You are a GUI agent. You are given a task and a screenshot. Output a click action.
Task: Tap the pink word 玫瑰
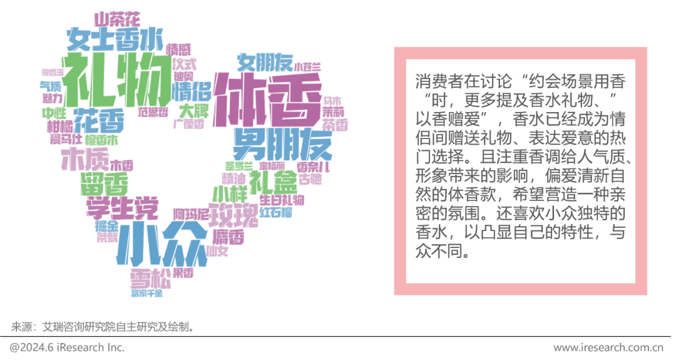click(233, 213)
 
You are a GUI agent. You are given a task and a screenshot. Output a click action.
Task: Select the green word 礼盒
click(272, 182)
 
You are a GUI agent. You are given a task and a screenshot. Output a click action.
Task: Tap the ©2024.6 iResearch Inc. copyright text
click(66, 347)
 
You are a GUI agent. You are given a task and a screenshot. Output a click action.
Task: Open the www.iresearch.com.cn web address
click(608, 347)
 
